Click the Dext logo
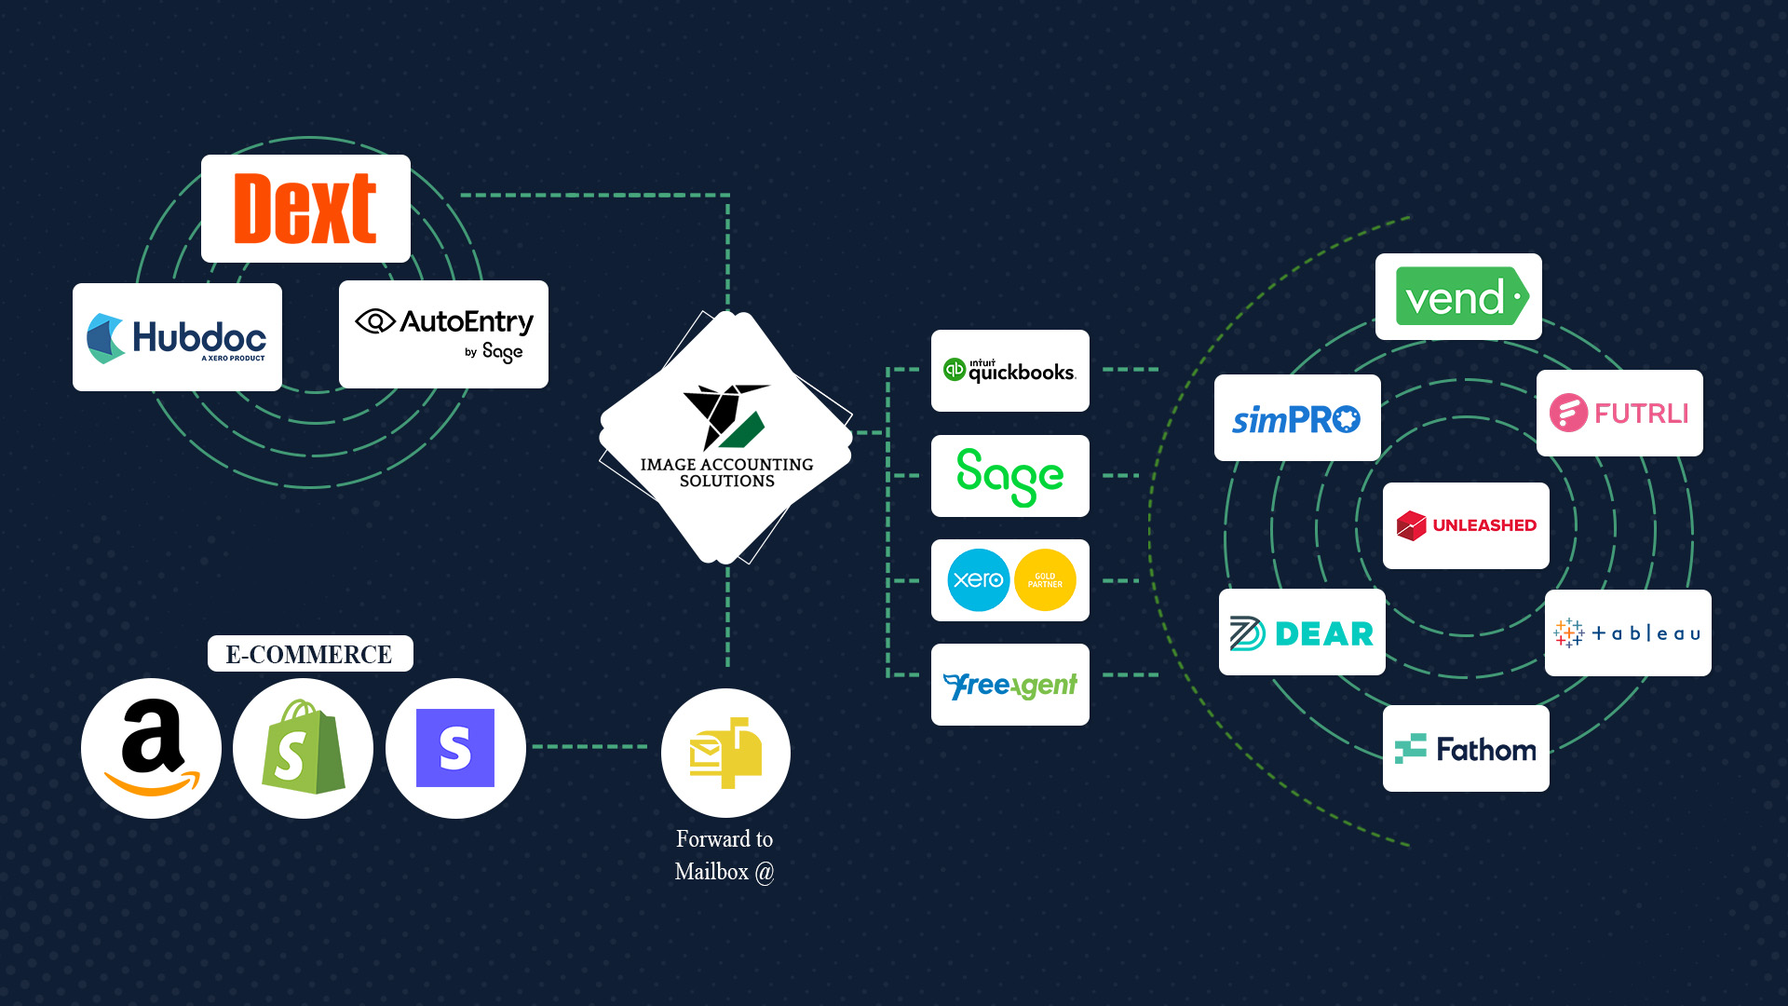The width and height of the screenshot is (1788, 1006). coord(305,209)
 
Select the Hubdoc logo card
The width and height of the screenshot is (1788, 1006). coord(177,337)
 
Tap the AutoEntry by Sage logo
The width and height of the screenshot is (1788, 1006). coord(443,334)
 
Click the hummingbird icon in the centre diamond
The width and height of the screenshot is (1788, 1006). coord(725,415)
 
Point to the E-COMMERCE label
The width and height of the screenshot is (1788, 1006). coord(309,654)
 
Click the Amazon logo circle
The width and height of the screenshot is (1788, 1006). coord(151,748)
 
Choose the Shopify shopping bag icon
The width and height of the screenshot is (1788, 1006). coord(303,748)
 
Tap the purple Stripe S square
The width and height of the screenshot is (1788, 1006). coord(455,748)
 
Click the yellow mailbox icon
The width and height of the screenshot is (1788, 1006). coord(725,753)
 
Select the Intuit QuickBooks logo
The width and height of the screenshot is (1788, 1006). coord(1010,371)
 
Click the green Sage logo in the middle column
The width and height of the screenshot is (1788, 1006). coord(1010,476)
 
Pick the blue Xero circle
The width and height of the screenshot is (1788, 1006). coord(978,579)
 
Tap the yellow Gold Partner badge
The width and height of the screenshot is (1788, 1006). coord(1045,579)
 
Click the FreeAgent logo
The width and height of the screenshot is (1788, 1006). coord(1010,686)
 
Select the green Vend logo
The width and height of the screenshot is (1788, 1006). coord(1459,297)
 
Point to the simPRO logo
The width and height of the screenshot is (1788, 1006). coord(1297,418)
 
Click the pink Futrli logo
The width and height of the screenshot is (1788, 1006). coord(1619,413)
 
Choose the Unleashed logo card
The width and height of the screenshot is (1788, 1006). coord(1466,525)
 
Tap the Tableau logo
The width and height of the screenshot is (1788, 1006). coord(1628,633)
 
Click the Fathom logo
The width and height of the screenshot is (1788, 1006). coord(1466,749)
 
